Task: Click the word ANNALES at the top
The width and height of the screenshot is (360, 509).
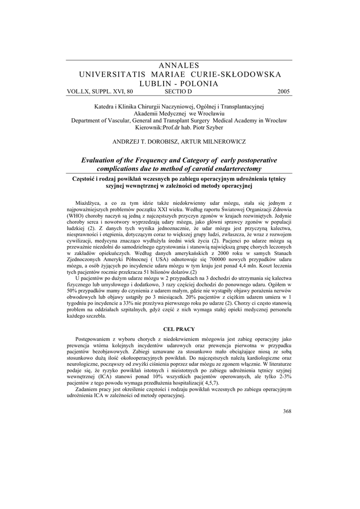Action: (180, 65)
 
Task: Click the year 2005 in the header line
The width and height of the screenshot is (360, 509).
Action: (284, 92)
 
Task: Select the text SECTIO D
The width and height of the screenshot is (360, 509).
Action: (178, 92)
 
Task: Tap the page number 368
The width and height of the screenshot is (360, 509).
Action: (286, 411)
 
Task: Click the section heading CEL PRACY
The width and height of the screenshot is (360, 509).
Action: (180, 329)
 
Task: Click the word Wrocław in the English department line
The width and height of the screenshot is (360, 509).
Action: (273, 120)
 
